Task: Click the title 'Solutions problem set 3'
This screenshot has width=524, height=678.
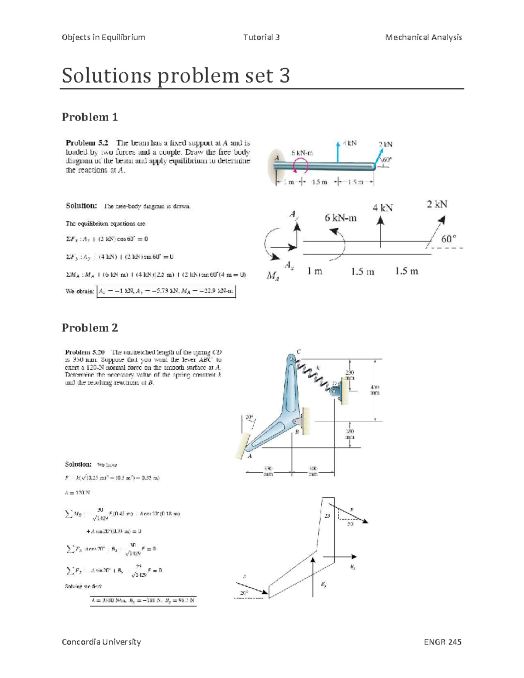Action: pyautogui.click(x=176, y=76)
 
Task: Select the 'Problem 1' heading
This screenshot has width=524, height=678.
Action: pyautogui.click(x=90, y=117)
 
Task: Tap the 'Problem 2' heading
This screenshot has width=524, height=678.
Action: pyautogui.click(x=90, y=328)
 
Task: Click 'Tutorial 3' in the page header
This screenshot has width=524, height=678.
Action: pyautogui.click(x=261, y=37)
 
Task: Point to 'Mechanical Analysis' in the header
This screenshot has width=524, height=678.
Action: pyautogui.click(x=423, y=37)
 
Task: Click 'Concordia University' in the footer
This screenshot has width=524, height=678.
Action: pyautogui.click(x=101, y=641)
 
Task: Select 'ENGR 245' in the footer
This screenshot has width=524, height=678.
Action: pyautogui.click(x=442, y=641)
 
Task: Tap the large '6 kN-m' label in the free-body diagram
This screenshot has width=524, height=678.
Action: pyautogui.click(x=340, y=218)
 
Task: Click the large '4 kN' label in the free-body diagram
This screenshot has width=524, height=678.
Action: pyautogui.click(x=383, y=207)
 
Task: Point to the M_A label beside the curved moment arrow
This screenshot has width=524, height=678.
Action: pyautogui.click(x=272, y=275)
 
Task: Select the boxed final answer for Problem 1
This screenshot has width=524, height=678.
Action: pyautogui.click(x=166, y=291)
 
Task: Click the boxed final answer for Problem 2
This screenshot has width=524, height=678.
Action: pyautogui.click(x=143, y=601)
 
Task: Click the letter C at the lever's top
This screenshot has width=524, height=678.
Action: pyautogui.click(x=299, y=351)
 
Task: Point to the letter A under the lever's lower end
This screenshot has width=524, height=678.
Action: pyautogui.click(x=250, y=456)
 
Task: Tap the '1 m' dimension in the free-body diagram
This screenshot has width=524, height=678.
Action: pyautogui.click(x=314, y=272)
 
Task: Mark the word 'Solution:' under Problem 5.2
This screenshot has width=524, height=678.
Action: pyautogui.click(x=81, y=206)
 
